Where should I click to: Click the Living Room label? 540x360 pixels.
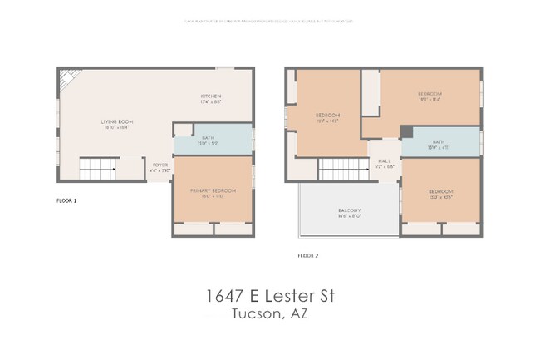coord(119,122)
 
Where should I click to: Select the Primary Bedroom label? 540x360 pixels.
coord(213,191)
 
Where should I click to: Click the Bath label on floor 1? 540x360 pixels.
coord(208,140)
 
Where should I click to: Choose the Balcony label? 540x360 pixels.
coord(348,211)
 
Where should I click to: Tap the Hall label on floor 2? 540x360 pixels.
coord(384,162)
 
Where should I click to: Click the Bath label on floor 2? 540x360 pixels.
coord(439,143)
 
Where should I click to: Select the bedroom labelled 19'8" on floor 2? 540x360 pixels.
coord(430,97)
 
